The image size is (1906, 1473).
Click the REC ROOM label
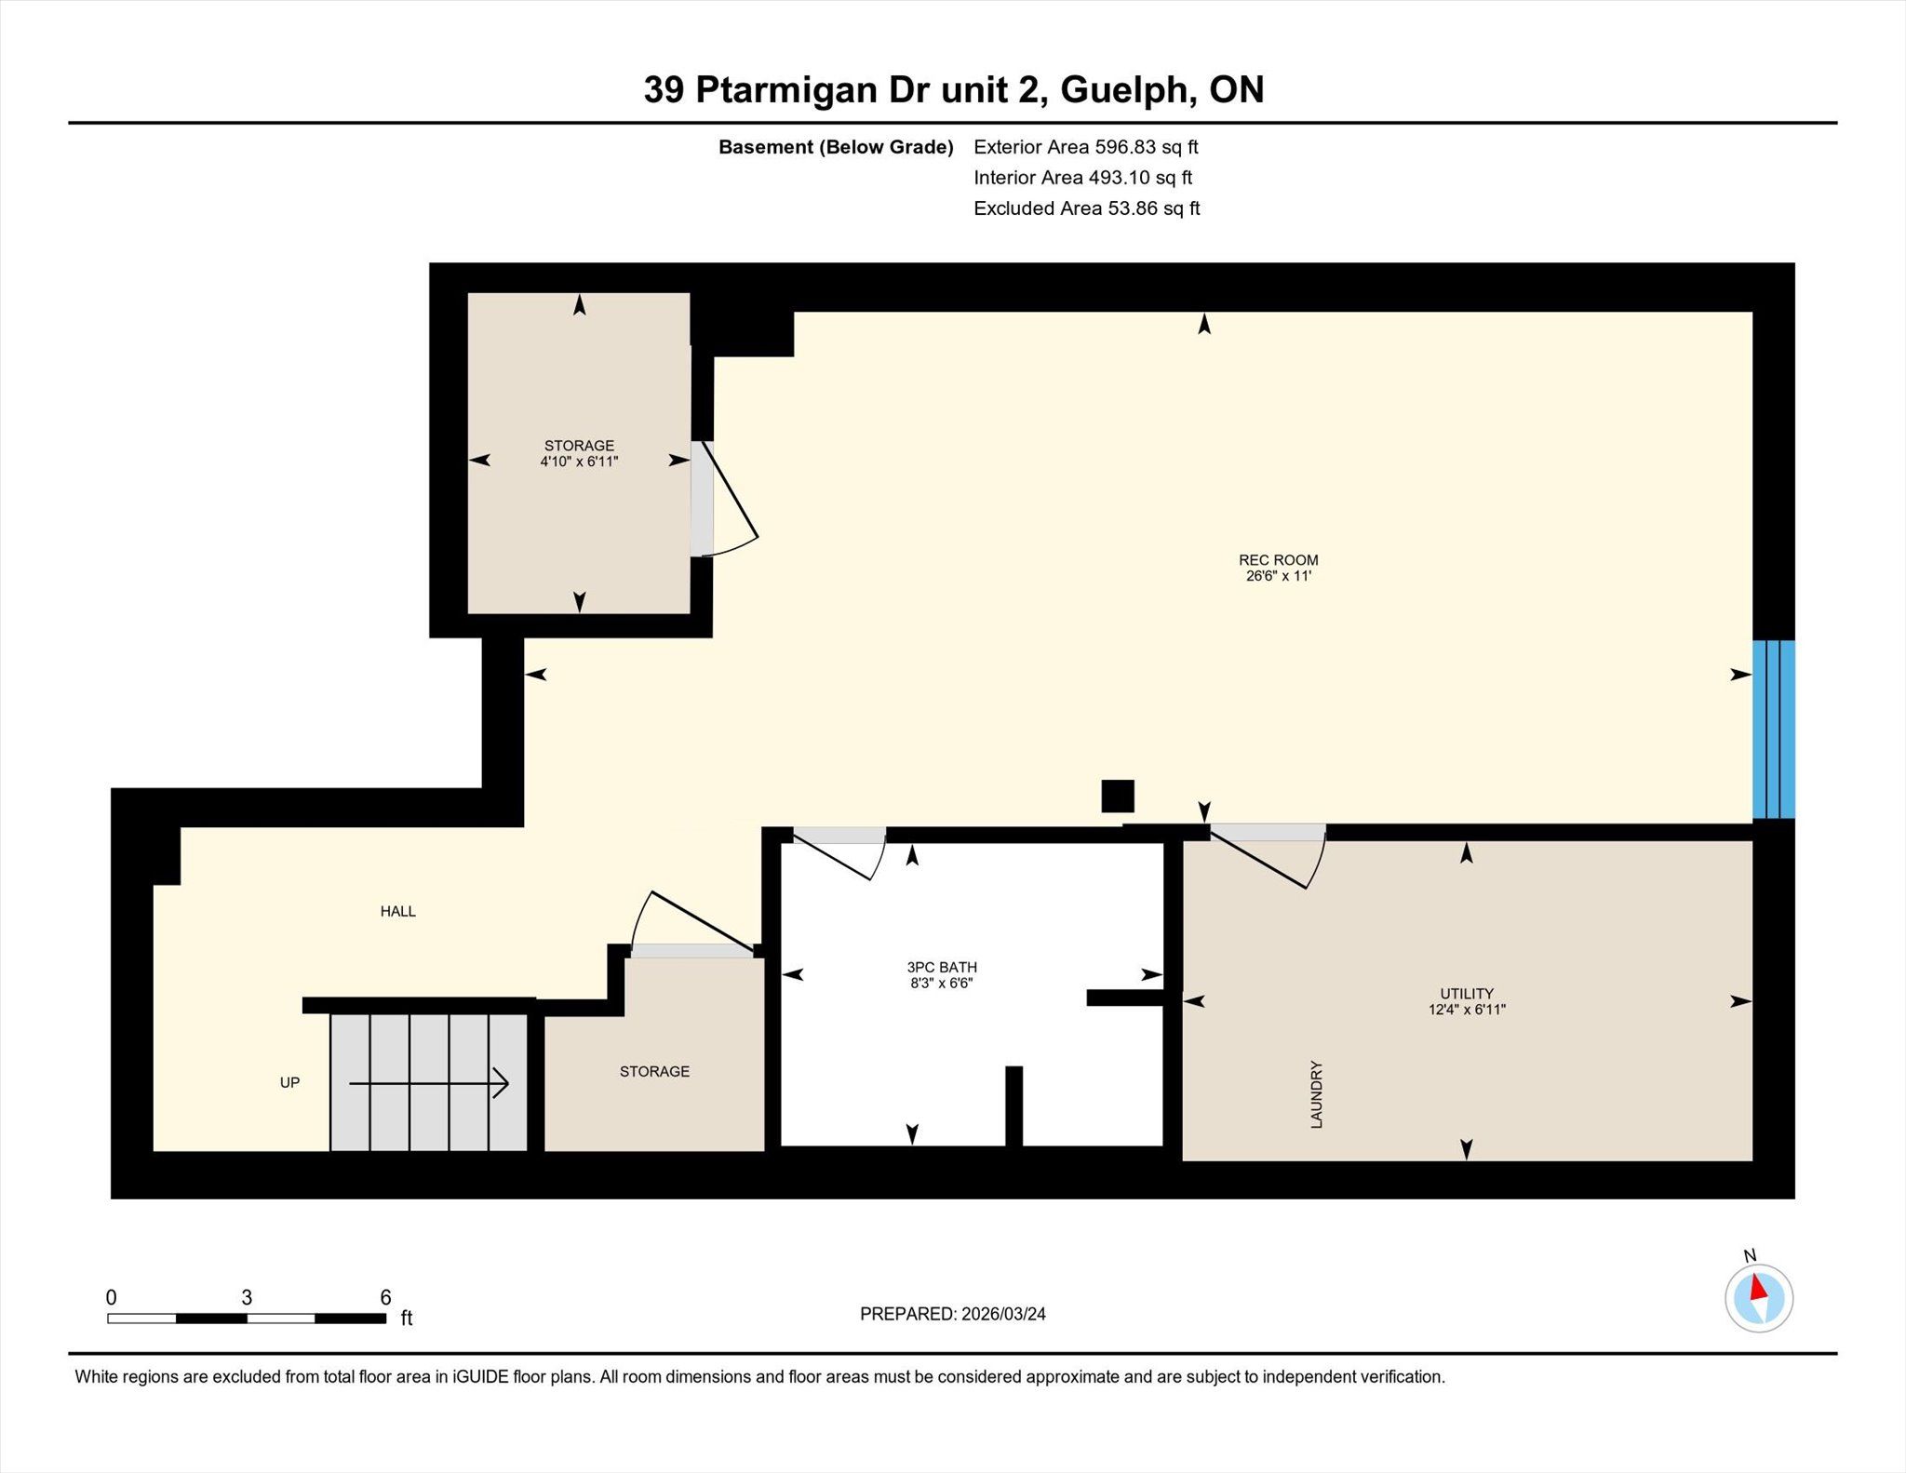click(1278, 560)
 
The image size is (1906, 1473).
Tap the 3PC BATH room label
click(942, 968)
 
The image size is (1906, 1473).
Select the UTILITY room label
click(1467, 994)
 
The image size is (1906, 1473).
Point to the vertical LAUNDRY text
click(1317, 1094)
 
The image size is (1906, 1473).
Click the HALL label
click(397, 912)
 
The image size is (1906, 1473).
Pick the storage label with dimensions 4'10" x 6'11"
click(579, 453)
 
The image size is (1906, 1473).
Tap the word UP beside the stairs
click(289, 1083)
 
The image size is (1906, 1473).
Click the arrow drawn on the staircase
click(429, 1083)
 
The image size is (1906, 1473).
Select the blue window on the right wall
click(1774, 729)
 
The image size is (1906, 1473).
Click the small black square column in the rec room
click(1118, 797)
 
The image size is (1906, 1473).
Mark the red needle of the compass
click(1758, 1287)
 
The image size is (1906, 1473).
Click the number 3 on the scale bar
click(247, 1297)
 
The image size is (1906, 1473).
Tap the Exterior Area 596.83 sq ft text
click(1086, 147)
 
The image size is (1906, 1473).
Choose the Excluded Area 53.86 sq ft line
click(1087, 208)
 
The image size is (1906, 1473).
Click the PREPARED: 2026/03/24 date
click(953, 1314)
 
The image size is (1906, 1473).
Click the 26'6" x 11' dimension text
click(1279, 576)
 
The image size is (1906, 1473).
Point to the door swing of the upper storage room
click(730, 500)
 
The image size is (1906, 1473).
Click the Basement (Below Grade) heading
click(836, 147)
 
